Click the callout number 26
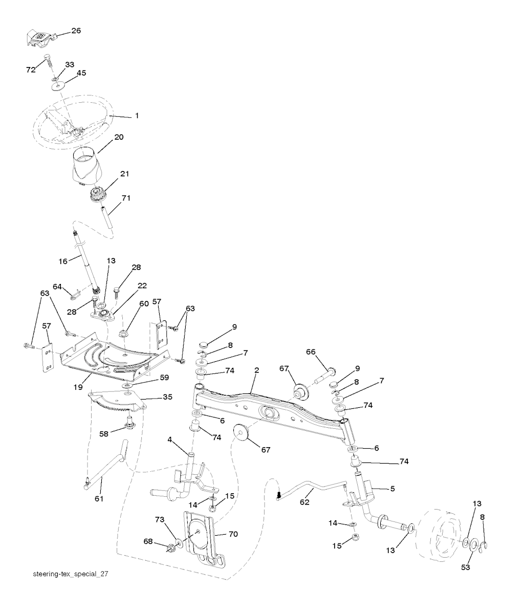tap(76, 31)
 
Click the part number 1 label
tap(137, 116)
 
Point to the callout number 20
tap(119, 138)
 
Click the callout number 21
tap(124, 174)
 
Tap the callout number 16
tap(63, 261)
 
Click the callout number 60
tap(144, 304)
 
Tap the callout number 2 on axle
tap(256, 370)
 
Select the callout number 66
tap(311, 352)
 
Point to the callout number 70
tap(233, 534)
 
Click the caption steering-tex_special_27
tap(70, 574)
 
